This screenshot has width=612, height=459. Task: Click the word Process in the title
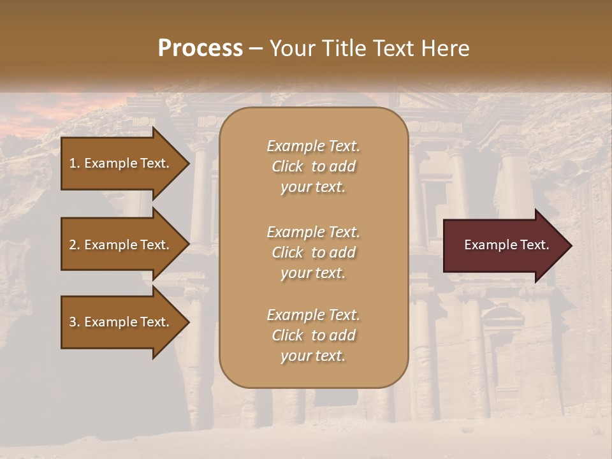point(200,48)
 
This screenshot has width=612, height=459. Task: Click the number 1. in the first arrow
point(75,163)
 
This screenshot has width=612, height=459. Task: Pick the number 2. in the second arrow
point(75,245)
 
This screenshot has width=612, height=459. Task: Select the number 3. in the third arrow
point(75,322)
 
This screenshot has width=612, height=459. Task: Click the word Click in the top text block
point(287,166)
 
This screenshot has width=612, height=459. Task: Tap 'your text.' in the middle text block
point(313,273)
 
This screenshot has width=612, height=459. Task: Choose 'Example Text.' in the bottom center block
point(313,315)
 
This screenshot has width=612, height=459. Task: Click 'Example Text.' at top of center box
point(313,146)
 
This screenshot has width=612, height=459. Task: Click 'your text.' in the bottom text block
point(313,356)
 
